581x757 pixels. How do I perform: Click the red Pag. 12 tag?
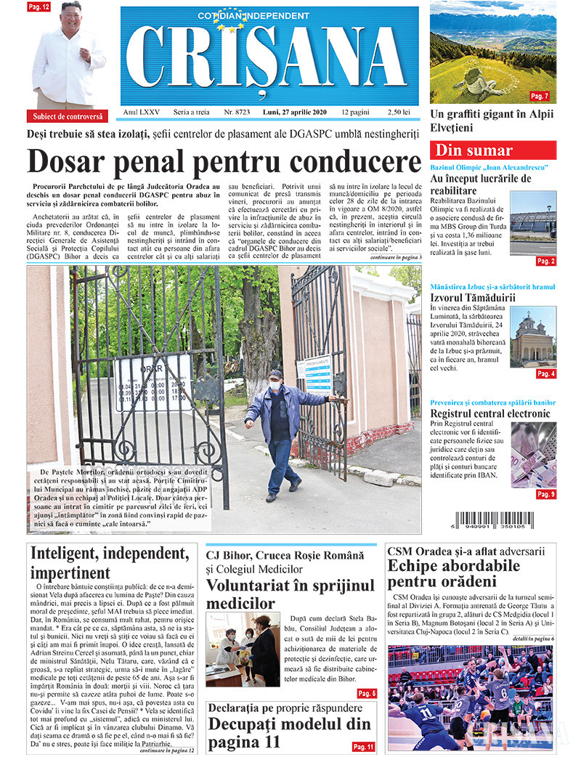[x=38, y=7]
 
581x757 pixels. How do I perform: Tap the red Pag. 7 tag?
[x=540, y=96]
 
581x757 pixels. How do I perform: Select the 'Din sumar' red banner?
[x=493, y=150]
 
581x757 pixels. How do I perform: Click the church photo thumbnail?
[x=533, y=336]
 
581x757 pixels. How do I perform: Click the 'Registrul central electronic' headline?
[x=490, y=414]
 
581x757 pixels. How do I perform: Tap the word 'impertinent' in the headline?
[x=70, y=573]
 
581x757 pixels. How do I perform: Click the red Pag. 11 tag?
[x=363, y=746]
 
